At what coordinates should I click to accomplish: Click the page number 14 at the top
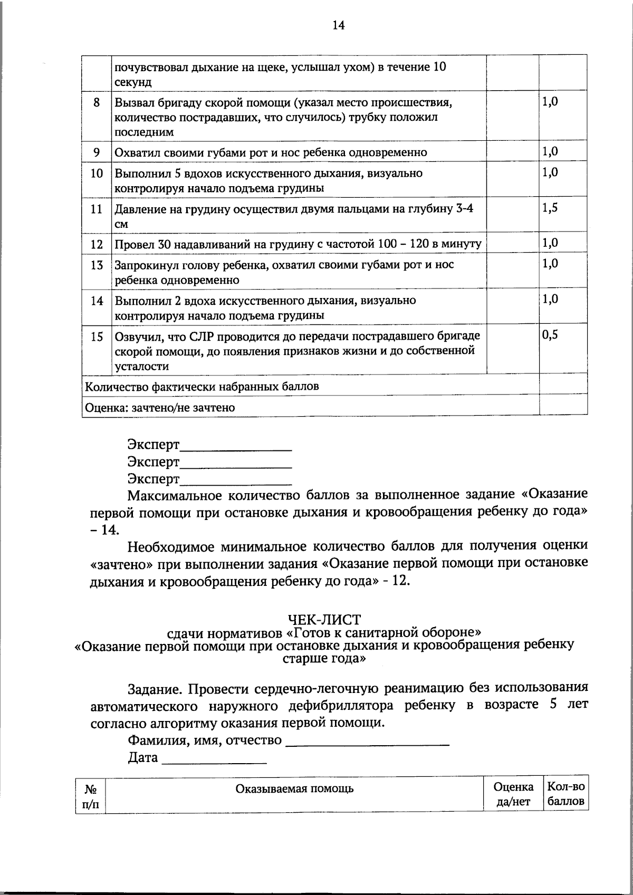click(338, 25)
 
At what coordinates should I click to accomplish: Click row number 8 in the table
click(97, 103)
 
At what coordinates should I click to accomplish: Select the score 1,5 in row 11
click(550, 208)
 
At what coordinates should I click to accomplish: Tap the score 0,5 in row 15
click(550, 335)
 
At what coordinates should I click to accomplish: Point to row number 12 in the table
click(97, 244)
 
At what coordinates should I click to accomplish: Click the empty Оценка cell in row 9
click(512, 152)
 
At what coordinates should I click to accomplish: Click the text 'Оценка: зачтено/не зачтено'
click(160, 407)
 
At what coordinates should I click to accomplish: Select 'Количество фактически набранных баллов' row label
click(202, 387)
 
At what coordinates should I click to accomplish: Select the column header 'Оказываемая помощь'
click(294, 788)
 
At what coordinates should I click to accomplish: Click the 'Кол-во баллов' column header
click(565, 794)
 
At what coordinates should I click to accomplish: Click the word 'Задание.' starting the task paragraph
click(156, 689)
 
